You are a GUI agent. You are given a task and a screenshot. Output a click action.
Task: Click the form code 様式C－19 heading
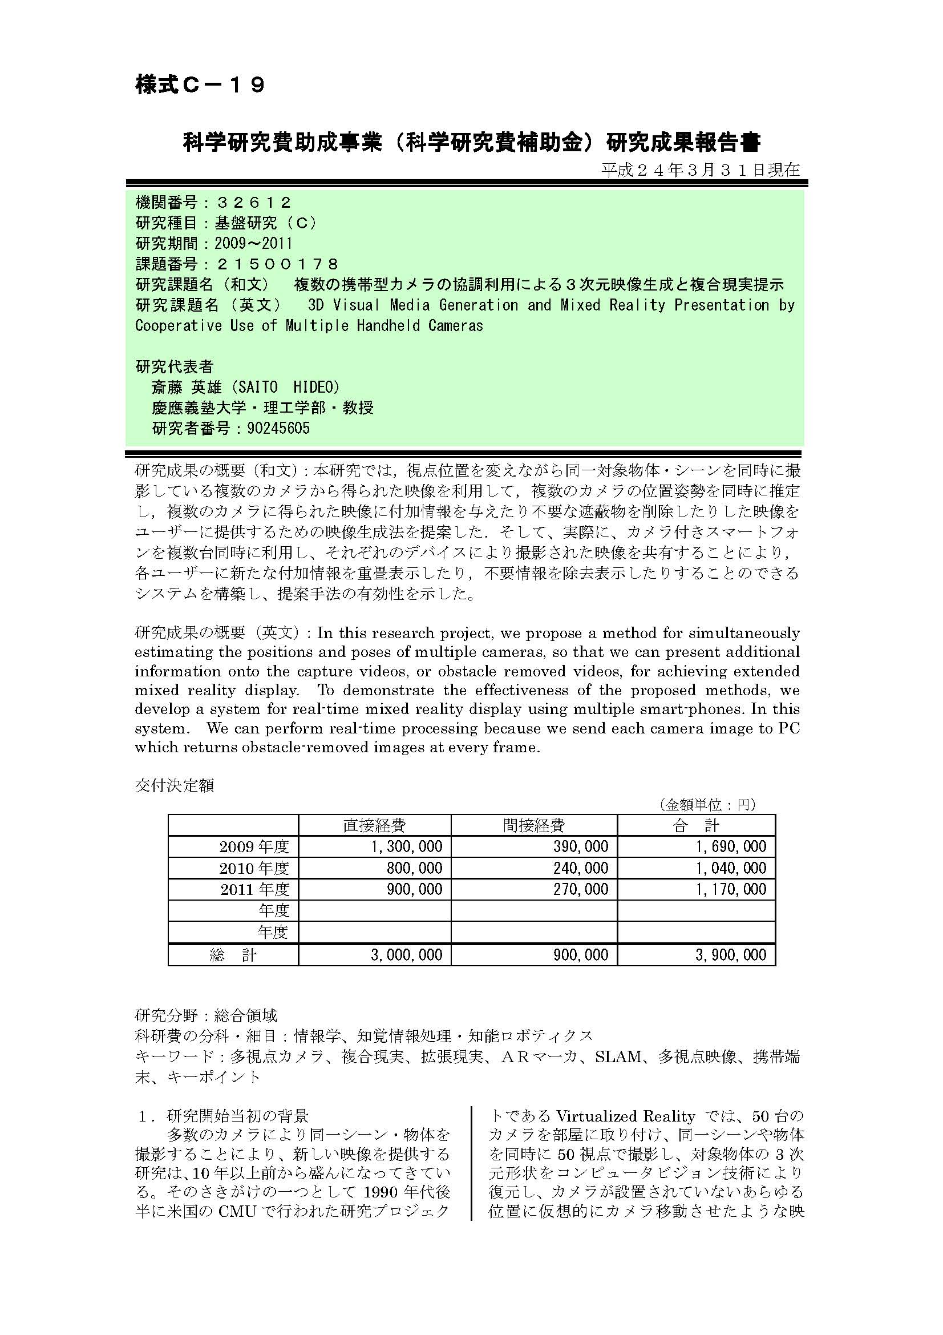click(x=200, y=86)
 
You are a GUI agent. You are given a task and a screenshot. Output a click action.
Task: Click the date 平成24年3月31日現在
click(x=700, y=170)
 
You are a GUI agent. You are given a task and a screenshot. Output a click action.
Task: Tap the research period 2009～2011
click(x=253, y=243)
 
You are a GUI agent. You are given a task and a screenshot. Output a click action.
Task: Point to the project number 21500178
click(x=277, y=264)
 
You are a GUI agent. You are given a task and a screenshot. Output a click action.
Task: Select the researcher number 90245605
click(x=278, y=429)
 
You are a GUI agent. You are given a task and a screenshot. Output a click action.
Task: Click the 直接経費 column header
click(x=374, y=825)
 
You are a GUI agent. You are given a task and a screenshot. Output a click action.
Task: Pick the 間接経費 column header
click(x=533, y=825)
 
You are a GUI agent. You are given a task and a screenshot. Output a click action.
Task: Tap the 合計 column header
click(x=695, y=825)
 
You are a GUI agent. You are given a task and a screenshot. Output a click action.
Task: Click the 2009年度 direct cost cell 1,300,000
click(x=406, y=846)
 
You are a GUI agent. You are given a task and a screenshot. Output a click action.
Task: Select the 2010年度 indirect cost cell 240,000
click(x=580, y=868)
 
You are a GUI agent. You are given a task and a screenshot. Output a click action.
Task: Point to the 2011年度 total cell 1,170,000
click(x=731, y=889)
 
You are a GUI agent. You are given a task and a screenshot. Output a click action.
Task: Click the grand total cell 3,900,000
click(x=731, y=955)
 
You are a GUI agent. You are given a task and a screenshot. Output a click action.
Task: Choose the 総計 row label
click(x=233, y=955)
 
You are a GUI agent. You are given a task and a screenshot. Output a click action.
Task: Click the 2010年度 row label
click(x=254, y=868)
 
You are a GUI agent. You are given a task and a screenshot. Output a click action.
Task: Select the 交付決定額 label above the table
click(x=175, y=785)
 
